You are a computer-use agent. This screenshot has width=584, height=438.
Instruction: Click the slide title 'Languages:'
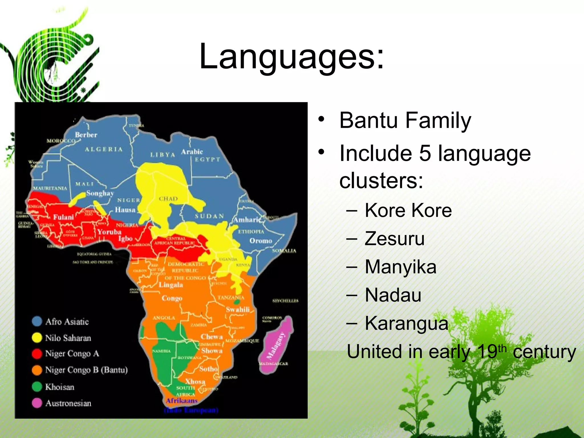click(291, 56)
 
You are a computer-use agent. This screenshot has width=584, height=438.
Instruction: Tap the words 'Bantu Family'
click(405, 120)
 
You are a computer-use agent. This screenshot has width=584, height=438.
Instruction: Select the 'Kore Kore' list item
click(408, 210)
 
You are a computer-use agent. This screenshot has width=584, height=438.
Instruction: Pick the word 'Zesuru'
click(394, 238)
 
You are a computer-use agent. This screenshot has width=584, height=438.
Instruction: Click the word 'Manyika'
click(400, 267)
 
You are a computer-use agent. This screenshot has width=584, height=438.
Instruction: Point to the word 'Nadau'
click(393, 295)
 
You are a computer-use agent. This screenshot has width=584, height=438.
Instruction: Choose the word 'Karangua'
click(406, 323)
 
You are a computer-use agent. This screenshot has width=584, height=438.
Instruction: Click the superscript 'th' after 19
click(502, 348)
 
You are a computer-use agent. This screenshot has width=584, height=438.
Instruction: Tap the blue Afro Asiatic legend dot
click(37, 321)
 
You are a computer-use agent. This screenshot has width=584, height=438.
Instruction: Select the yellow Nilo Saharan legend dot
click(37, 338)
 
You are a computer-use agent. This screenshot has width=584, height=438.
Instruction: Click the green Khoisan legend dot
click(37, 387)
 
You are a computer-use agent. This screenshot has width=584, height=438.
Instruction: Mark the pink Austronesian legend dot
click(37, 403)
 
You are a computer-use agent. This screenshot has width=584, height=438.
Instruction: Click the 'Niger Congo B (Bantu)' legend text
click(86, 370)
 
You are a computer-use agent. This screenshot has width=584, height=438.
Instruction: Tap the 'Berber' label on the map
click(86, 135)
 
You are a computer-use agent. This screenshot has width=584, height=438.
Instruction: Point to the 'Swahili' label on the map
click(238, 309)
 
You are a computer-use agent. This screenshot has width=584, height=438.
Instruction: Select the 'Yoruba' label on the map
click(109, 232)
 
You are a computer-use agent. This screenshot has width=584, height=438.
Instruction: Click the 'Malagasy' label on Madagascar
click(275, 346)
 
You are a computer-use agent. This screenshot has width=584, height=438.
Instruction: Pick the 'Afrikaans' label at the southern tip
click(182, 401)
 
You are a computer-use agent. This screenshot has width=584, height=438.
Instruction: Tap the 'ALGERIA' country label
click(104, 149)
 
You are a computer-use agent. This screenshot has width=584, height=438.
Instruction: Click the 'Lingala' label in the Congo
click(171, 285)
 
